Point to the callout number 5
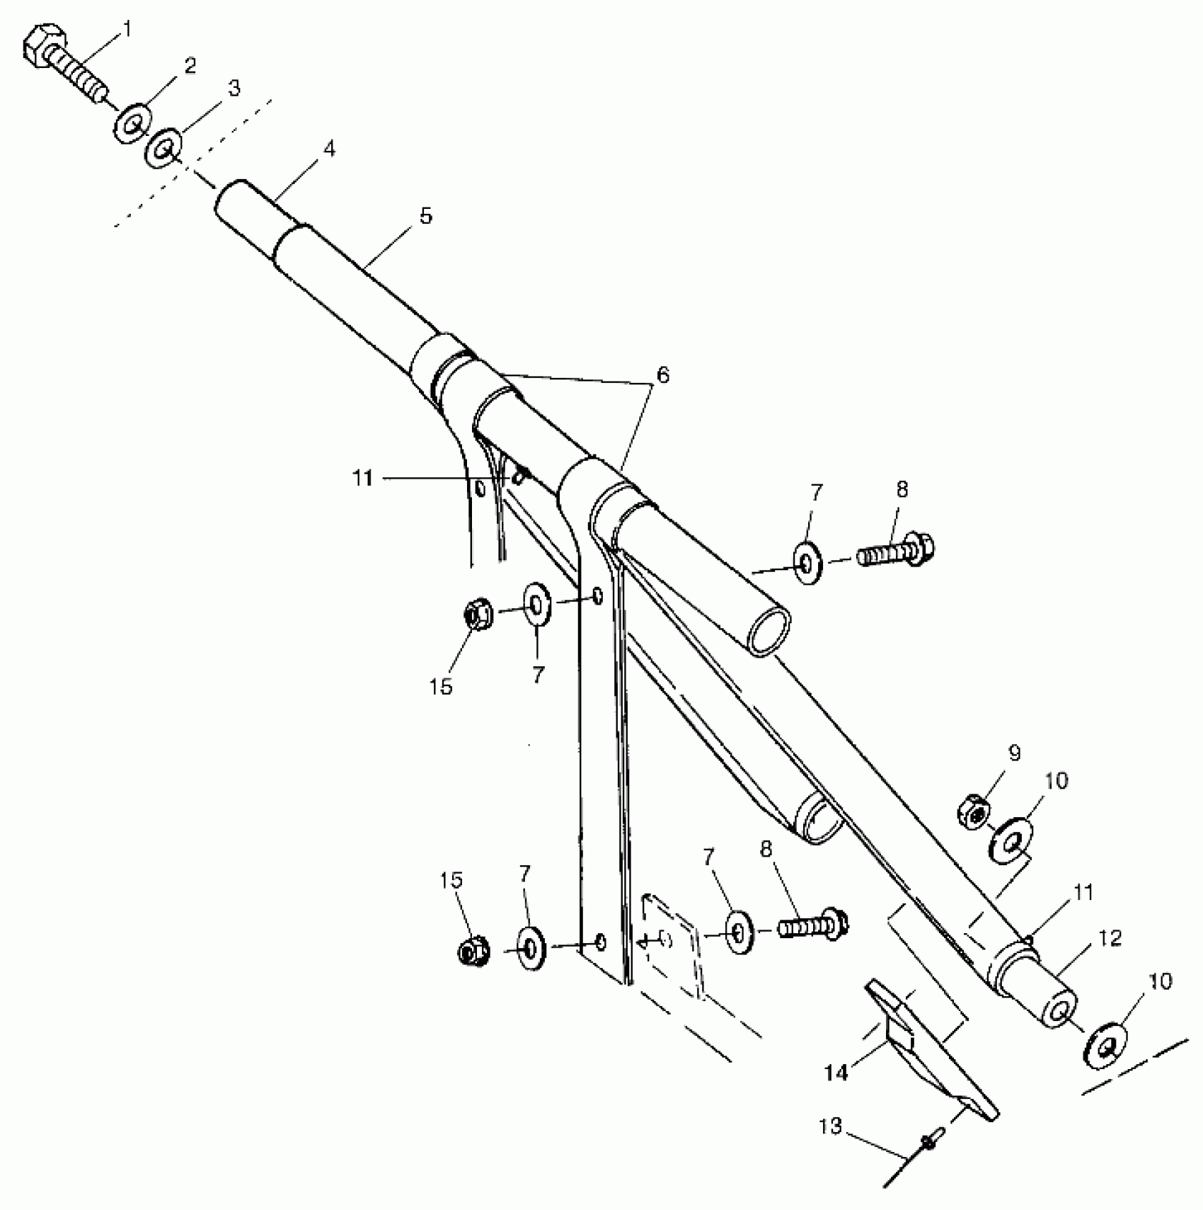coord(425,216)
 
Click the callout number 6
coord(662,375)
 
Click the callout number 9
coord(1014,753)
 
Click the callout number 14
coord(836,1073)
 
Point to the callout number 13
coord(831,1126)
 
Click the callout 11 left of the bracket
coord(363,479)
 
